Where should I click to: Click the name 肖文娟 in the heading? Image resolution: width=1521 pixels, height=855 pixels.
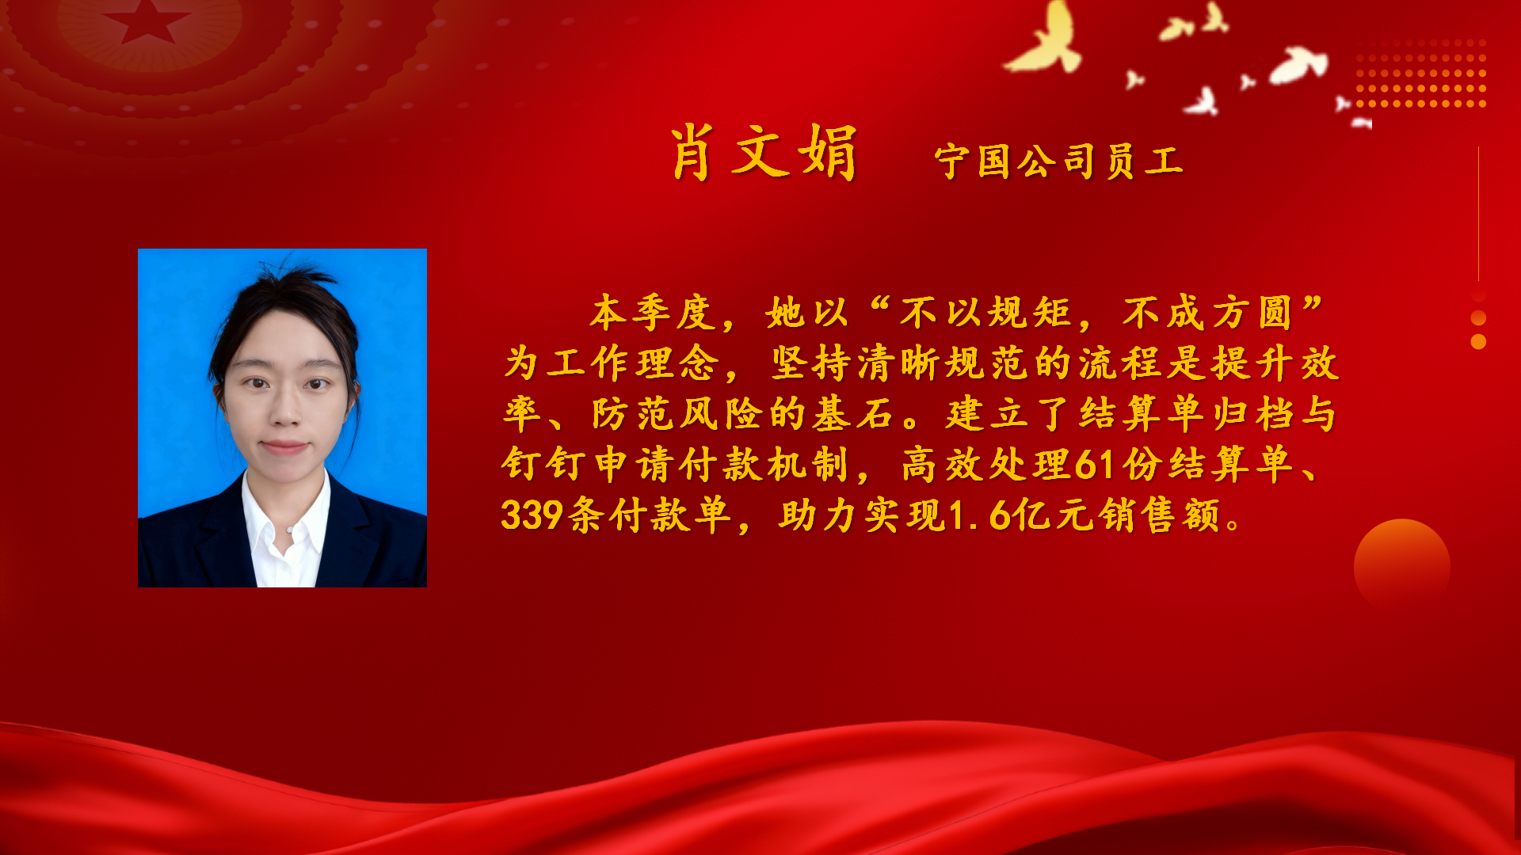[764, 153]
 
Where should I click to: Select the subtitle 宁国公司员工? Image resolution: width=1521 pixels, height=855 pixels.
[1058, 161]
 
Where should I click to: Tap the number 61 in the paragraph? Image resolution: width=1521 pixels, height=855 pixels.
[1095, 465]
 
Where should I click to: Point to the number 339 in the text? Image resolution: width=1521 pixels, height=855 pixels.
[532, 515]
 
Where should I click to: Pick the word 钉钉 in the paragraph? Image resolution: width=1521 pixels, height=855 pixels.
[544, 464]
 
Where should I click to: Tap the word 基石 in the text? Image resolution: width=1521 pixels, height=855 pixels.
[854, 413]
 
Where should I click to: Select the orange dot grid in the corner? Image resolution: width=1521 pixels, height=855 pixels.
[1420, 73]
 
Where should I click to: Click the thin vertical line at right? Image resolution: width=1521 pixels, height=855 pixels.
[1478, 214]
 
